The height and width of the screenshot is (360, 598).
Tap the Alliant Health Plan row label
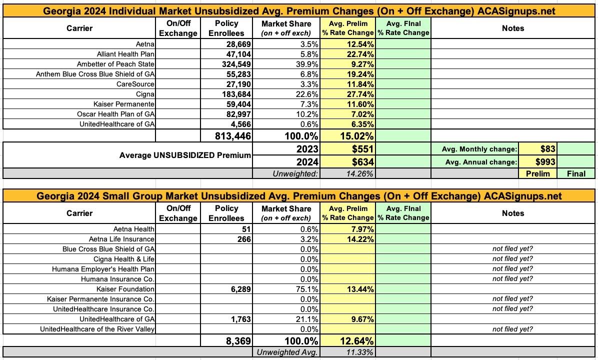coord(125,54)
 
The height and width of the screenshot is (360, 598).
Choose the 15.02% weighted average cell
coord(356,136)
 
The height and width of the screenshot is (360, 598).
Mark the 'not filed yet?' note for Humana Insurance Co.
coord(512,278)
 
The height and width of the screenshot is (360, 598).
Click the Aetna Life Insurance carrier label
coord(121,239)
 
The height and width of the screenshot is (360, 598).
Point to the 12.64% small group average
coord(356,341)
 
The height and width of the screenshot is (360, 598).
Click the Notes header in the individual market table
coord(513,28)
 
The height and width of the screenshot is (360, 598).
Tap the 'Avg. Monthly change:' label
coord(479,149)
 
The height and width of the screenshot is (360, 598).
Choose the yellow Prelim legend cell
coord(538,173)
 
